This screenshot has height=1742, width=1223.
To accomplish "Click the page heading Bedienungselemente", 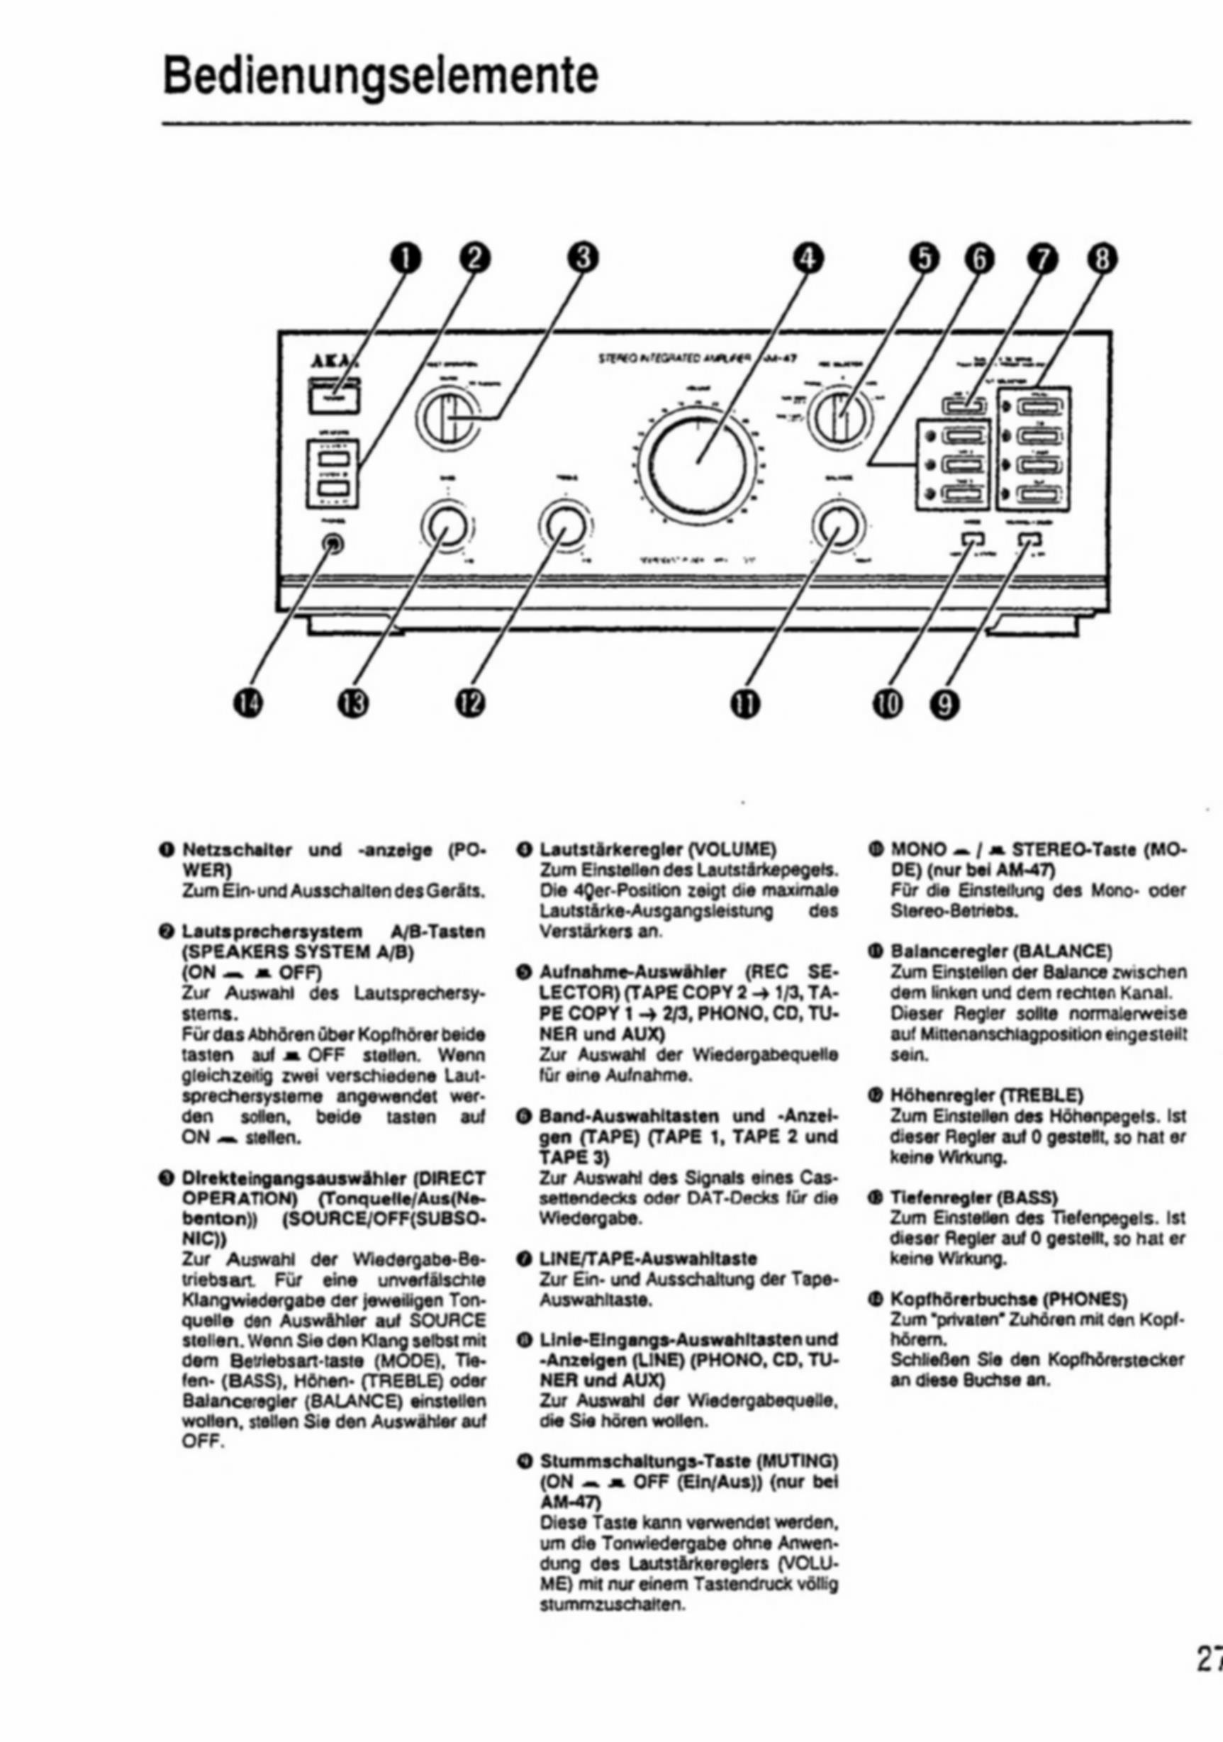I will click(380, 77).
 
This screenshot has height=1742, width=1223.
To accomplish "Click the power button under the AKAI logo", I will click(334, 398).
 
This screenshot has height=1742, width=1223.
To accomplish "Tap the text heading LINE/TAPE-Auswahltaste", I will click(648, 1258).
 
